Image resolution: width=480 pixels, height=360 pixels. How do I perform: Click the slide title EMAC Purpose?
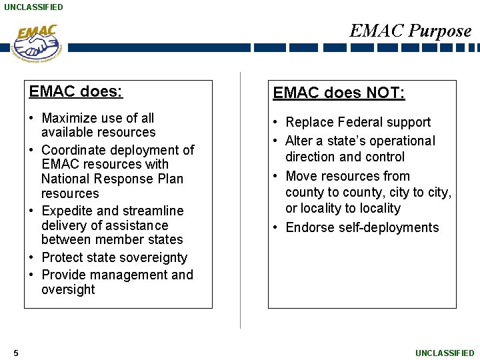pos(410,31)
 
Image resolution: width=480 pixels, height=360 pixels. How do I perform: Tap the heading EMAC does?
pos(76,91)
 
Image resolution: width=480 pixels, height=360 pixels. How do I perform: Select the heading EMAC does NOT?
pos(339,93)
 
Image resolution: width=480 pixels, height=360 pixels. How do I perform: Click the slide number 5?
pos(15,353)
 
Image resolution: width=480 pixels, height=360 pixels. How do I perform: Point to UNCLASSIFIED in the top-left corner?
pos(33,7)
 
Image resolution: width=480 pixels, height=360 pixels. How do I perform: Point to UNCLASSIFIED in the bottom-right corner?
pos(445,353)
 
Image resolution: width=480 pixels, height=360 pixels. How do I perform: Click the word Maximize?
pos(69,118)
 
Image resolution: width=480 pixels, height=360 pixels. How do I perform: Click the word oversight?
pos(68,289)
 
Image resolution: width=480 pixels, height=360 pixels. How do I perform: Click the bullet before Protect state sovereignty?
pos(32,257)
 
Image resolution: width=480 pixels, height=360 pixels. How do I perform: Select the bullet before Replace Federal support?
pos(276,122)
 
